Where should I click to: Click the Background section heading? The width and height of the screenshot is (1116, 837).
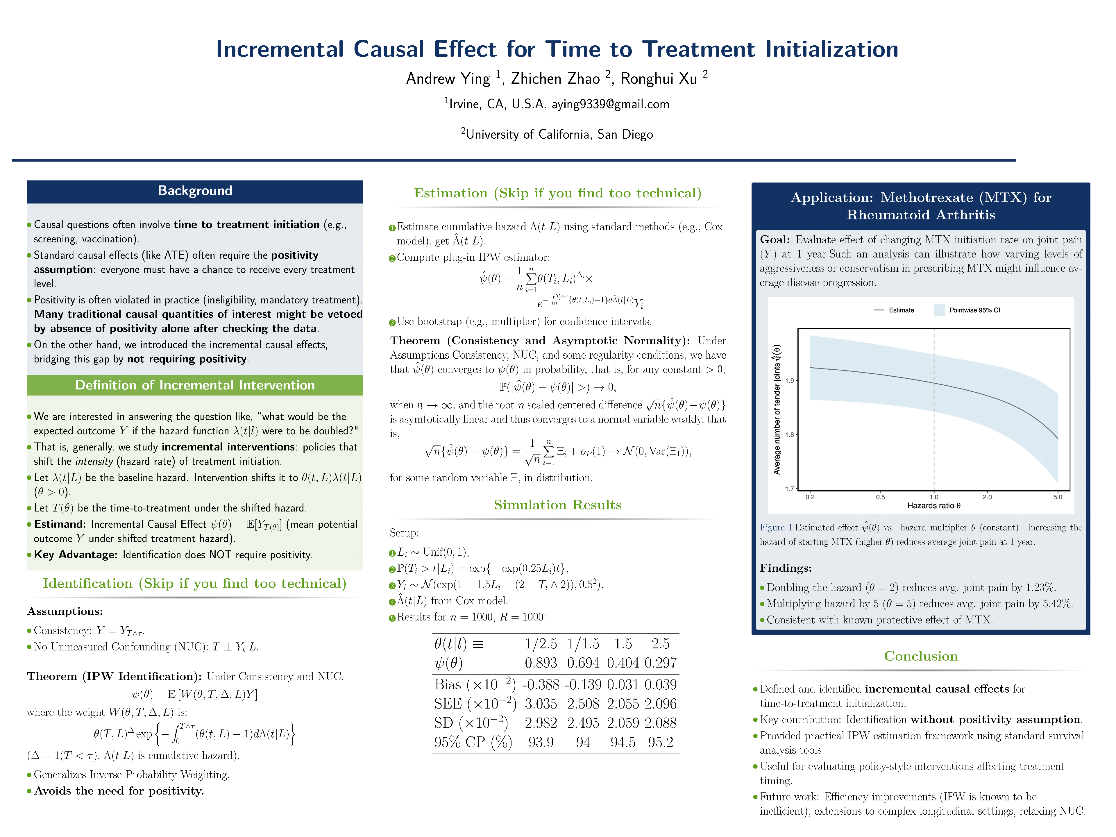(x=195, y=191)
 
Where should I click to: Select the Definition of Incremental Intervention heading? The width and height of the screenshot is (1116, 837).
(x=195, y=385)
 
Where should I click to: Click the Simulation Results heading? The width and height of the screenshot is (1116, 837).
(x=557, y=505)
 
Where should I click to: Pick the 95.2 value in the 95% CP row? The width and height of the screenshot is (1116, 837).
(x=660, y=742)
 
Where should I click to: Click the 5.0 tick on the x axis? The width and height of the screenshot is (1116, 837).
(x=1058, y=497)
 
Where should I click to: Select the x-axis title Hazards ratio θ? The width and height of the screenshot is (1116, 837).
(x=933, y=505)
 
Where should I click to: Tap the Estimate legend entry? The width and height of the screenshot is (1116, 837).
(x=901, y=310)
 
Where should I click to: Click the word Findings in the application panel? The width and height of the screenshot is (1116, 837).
(x=786, y=568)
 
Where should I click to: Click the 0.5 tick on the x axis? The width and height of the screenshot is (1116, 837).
(x=880, y=497)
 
